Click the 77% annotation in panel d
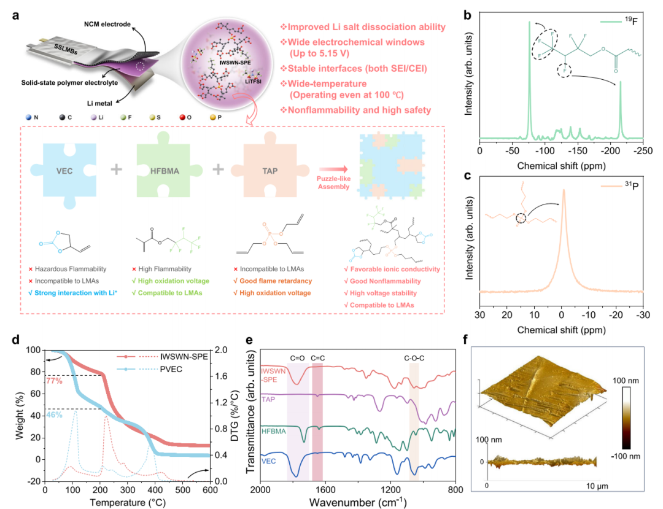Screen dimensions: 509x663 (53, 381)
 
